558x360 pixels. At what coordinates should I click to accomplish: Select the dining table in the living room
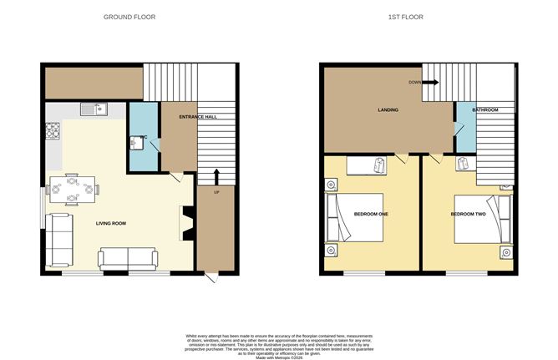click(x=72, y=189)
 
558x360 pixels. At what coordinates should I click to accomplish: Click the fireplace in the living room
click(x=185, y=224)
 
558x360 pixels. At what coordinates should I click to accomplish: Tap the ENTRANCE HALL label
click(x=198, y=117)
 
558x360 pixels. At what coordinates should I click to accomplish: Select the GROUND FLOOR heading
click(x=129, y=17)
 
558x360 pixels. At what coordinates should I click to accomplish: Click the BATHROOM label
click(x=484, y=110)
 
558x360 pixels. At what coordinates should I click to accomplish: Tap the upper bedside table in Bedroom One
click(x=332, y=185)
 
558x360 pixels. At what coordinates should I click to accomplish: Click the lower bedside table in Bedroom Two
click(x=506, y=251)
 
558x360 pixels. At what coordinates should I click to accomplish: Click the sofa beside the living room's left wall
click(x=59, y=236)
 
